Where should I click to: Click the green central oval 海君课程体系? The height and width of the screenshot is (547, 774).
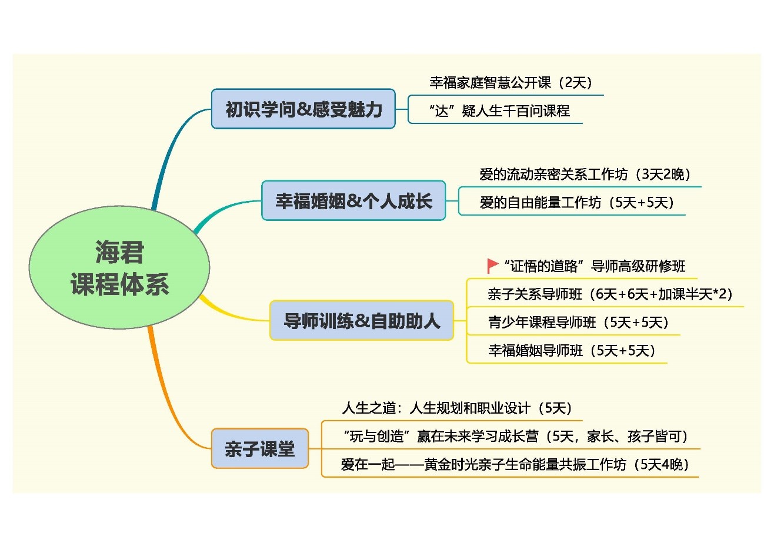tap(119, 267)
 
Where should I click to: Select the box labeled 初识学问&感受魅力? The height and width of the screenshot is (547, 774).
tap(303, 109)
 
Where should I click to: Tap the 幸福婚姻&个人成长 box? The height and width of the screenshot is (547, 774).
tap(353, 200)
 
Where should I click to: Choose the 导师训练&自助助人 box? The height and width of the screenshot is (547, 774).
tap(362, 321)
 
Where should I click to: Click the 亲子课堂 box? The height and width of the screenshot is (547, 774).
tap(260, 449)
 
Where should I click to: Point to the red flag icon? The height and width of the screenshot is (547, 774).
tap(492, 266)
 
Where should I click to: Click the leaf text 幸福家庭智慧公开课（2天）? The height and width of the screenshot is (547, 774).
tap(511, 83)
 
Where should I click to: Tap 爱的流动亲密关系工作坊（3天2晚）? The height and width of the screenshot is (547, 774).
tap(585, 174)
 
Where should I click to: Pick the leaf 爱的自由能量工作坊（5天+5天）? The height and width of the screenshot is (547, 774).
tap(577, 203)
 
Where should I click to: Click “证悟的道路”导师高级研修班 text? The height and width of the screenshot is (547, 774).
tap(594, 266)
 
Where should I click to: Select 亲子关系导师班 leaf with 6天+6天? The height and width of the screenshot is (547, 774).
tap(610, 294)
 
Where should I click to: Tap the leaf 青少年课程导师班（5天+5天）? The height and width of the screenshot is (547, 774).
tap(578, 323)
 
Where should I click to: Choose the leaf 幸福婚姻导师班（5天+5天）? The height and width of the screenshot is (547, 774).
tap(572, 351)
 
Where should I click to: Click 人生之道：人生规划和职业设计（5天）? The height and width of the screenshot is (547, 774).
tap(457, 408)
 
